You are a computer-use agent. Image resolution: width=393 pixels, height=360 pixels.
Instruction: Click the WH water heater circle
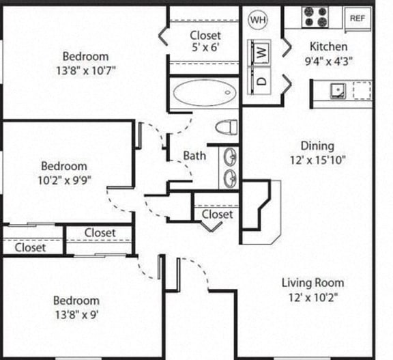[x=258, y=20]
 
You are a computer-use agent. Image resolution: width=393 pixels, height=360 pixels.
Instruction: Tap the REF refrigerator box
[x=358, y=18]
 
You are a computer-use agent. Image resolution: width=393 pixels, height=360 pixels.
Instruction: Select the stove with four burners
[x=316, y=17]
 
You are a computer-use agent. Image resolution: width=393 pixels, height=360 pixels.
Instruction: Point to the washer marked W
[x=263, y=51]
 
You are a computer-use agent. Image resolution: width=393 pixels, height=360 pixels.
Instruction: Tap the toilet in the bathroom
[x=226, y=127]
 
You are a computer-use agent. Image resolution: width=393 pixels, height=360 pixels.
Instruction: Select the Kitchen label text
[x=328, y=46]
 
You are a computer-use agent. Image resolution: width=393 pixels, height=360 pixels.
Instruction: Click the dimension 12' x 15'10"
[x=317, y=161]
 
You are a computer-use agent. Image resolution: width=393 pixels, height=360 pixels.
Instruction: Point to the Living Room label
[x=315, y=282]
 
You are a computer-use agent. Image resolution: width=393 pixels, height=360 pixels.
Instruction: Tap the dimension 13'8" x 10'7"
[x=85, y=71]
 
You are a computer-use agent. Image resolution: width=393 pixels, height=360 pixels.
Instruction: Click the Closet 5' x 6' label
[x=205, y=42]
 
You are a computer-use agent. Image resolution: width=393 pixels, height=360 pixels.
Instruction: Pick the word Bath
[x=194, y=155]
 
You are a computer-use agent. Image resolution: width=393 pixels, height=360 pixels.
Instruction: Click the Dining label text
[x=317, y=146]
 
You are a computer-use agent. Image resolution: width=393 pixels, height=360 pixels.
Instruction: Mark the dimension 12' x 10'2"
[x=315, y=297]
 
